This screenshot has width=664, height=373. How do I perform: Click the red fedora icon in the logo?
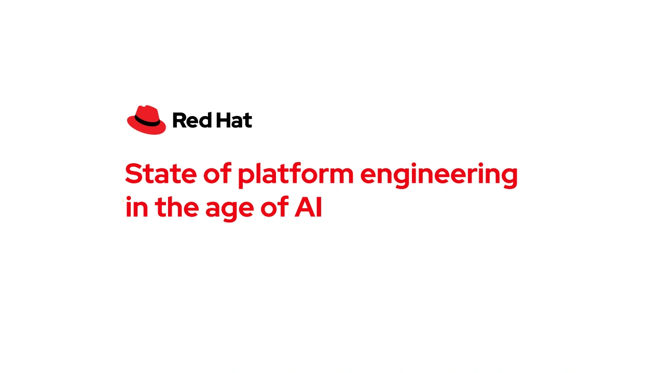coord(146,120)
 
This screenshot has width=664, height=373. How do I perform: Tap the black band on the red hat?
coord(147,121)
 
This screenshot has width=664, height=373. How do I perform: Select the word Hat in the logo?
coord(234,120)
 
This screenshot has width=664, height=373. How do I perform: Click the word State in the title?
coord(161,173)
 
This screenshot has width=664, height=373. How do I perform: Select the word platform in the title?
coord(296,175)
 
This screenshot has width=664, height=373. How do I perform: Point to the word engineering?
coord(439,175)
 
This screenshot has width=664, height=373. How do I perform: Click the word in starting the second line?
coord(137,207)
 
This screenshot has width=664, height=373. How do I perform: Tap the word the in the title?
coord(177,207)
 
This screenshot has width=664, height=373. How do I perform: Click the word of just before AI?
coord(274,206)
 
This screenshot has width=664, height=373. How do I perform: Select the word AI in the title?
coord(308,207)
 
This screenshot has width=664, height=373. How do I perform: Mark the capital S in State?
coord(133,173)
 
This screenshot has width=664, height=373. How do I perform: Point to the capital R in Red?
coord(179,121)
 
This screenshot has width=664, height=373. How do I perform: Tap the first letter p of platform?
coord(247,178)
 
